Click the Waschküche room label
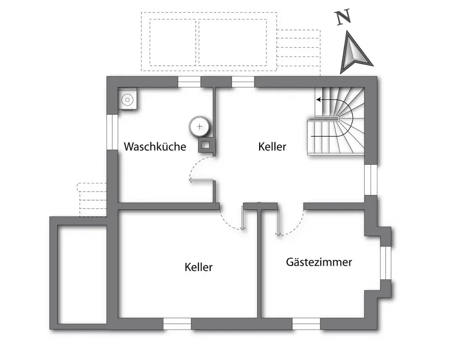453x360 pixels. (x=155, y=146)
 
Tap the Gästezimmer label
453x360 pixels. (x=319, y=262)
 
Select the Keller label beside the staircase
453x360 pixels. (x=272, y=146)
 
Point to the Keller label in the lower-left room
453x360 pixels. (x=198, y=267)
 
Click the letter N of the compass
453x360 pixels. (x=343, y=17)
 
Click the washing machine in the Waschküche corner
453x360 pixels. (x=127, y=99)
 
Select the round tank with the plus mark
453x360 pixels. (x=199, y=126)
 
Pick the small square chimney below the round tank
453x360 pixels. (x=205, y=145)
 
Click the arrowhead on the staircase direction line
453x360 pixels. (x=318, y=100)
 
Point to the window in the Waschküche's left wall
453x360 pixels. (x=112, y=132)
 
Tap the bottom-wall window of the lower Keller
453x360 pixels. (x=178, y=324)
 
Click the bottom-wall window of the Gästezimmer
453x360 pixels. (x=306, y=324)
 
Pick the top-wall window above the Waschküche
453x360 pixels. (x=189, y=82)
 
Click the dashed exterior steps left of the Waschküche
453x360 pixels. (x=92, y=200)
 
